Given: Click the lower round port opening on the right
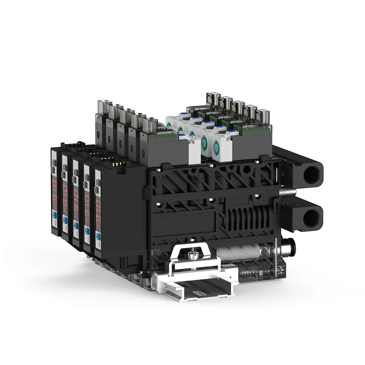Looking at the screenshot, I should (x=311, y=218).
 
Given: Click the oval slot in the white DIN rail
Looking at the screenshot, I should (x=201, y=290).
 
